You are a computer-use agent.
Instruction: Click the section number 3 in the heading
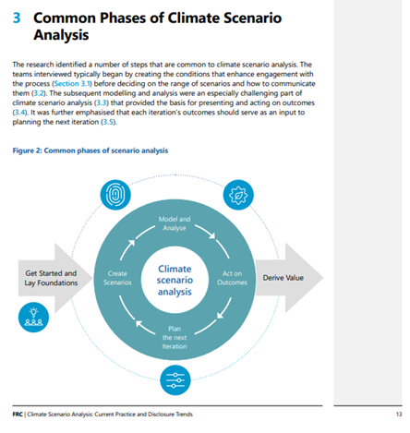(17, 18)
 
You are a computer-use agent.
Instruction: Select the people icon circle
(32, 319)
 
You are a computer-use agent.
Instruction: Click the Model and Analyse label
(175, 223)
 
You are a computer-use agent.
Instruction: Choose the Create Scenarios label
(118, 279)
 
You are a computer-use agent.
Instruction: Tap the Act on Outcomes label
(232, 279)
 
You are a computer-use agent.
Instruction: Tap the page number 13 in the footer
(397, 415)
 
